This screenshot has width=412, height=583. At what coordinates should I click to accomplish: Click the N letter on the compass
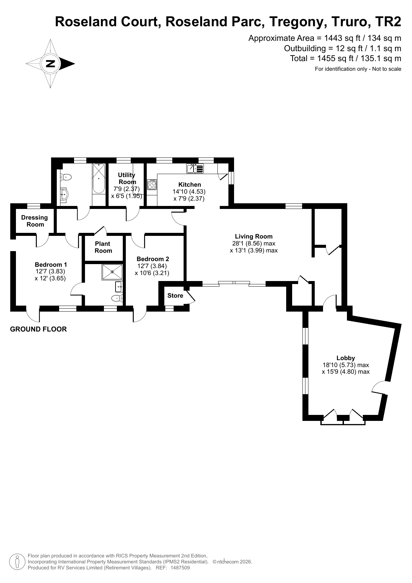(50, 63)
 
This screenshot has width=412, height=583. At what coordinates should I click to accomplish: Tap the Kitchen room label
(190, 185)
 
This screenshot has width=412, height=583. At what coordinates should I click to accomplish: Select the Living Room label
(254, 237)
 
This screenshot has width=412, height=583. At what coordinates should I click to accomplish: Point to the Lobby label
(346, 358)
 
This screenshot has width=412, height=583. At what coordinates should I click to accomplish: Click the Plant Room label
(103, 247)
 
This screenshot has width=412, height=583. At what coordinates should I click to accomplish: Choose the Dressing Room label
(35, 221)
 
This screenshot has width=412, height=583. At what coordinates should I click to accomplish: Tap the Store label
(175, 296)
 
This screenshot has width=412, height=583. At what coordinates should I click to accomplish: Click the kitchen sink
(195, 168)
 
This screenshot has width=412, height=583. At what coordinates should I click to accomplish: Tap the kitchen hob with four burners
(152, 184)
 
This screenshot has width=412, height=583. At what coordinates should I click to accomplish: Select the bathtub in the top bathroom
(99, 178)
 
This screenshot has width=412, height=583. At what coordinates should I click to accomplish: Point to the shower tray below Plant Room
(112, 272)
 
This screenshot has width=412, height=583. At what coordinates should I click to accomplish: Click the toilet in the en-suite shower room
(117, 298)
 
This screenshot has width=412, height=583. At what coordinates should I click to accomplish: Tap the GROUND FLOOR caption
(39, 329)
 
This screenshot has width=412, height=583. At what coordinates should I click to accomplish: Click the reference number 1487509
(180, 568)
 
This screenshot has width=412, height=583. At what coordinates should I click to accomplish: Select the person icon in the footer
(17, 562)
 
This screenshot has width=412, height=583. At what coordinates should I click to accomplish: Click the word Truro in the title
(350, 22)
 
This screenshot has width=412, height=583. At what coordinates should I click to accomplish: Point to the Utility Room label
(127, 178)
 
